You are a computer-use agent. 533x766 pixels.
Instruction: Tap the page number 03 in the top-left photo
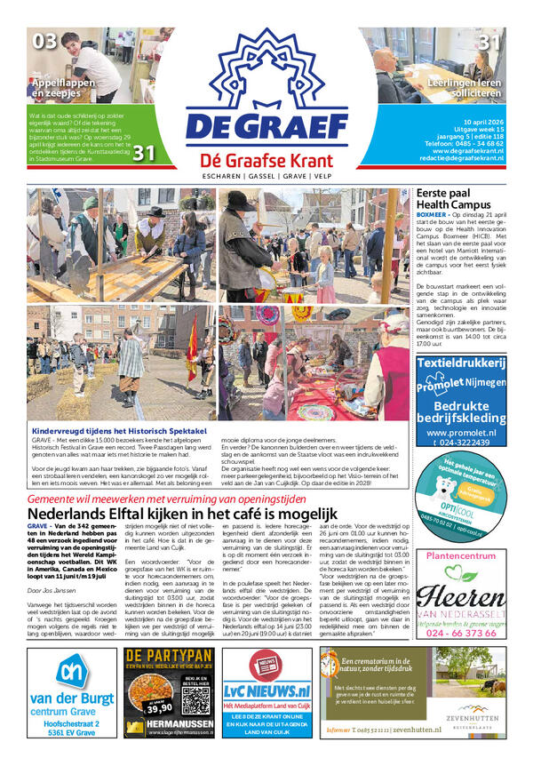tap(44, 41)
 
